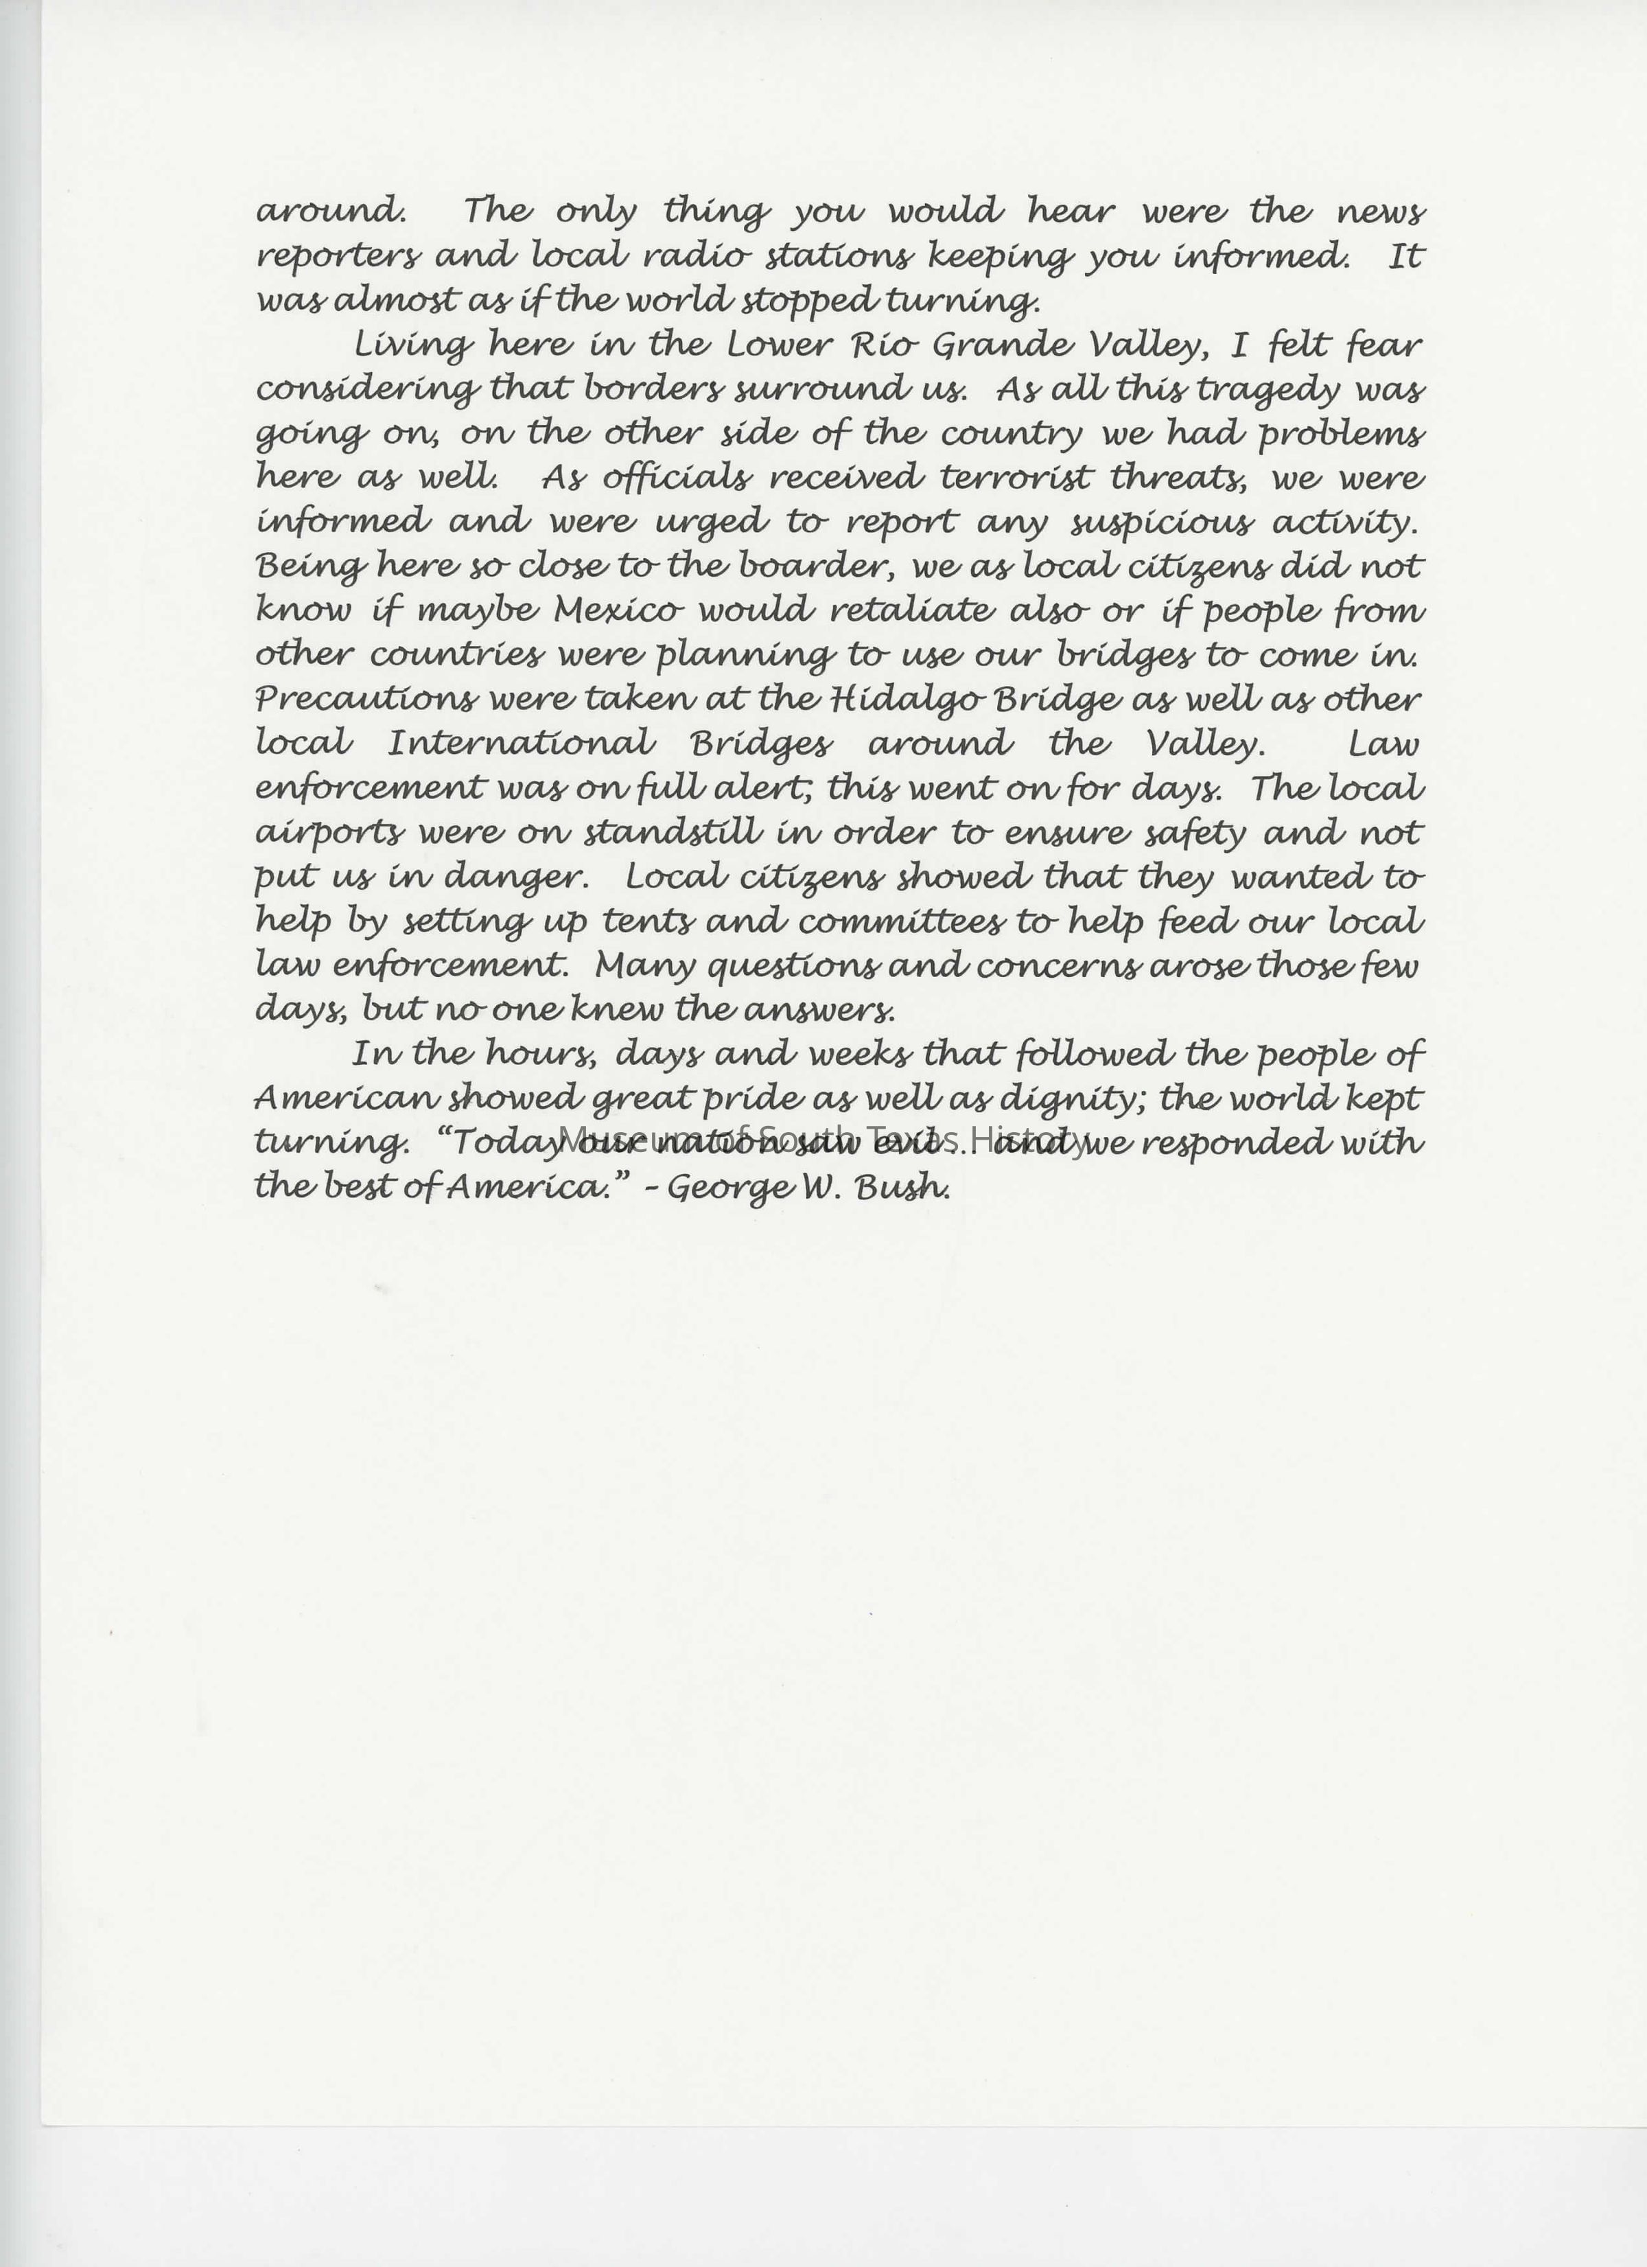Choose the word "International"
(521, 744)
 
